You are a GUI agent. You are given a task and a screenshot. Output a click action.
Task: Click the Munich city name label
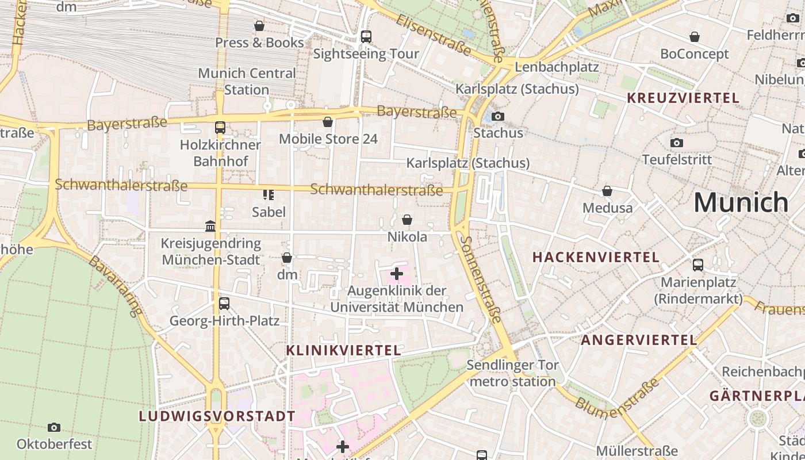coord(741,202)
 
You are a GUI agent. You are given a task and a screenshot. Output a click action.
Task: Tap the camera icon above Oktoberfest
coord(54,427)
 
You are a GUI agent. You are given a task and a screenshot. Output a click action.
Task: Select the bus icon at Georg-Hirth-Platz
coord(224,303)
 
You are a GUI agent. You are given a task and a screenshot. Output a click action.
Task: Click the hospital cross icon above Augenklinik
coord(397,274)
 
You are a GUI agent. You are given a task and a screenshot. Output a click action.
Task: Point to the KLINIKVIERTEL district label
coord(343,350)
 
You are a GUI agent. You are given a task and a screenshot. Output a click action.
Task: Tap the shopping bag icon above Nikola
coord(407,220)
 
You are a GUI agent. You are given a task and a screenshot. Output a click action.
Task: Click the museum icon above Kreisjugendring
coord(210,227)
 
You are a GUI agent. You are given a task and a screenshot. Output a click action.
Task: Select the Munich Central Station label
coord(247,81)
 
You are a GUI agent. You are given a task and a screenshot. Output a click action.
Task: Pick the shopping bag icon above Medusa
coord(607,191)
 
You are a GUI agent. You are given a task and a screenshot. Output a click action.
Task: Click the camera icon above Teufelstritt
coord(677,143)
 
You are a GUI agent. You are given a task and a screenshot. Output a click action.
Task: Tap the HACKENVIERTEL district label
coord(596,257)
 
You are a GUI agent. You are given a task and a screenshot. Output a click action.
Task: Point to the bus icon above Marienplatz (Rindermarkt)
coord(698,265)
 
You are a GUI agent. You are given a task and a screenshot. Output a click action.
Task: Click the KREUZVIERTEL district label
coord(683,98)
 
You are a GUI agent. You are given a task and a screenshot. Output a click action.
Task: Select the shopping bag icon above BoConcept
coord(695,37)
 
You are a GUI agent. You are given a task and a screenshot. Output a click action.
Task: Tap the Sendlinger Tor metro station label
coord(512,373)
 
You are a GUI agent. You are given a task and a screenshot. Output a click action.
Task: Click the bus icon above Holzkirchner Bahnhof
coord(220,128)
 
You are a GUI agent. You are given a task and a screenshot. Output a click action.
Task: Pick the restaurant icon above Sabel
coord(269,195)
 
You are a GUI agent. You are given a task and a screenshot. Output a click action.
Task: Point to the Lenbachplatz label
coord(557,67)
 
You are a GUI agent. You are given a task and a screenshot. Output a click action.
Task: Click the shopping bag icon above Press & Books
coord(259,26)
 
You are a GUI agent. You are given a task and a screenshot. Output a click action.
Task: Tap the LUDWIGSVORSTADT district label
coord(217,416)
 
